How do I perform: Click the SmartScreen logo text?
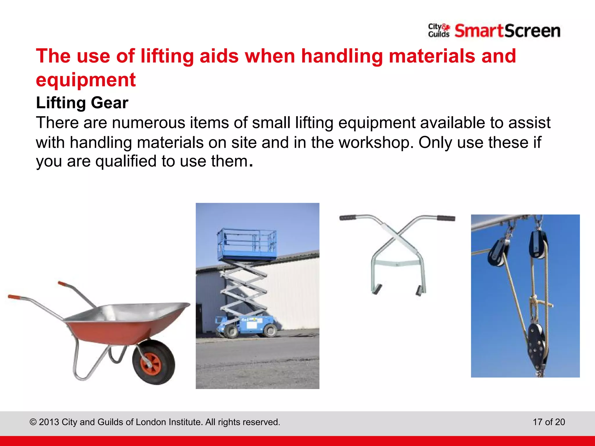tap(507, 31)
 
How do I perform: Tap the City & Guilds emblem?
tap(439, 30)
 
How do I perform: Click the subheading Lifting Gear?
tap(82, 103)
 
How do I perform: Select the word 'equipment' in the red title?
tap(86, 80)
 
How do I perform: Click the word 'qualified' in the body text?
tap(126, 161)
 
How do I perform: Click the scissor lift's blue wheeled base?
tap(247, 325)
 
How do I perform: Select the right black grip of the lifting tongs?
tap(446, 218)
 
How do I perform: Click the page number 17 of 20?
tap(549, 422)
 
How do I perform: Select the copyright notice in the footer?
tap(155, 422)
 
